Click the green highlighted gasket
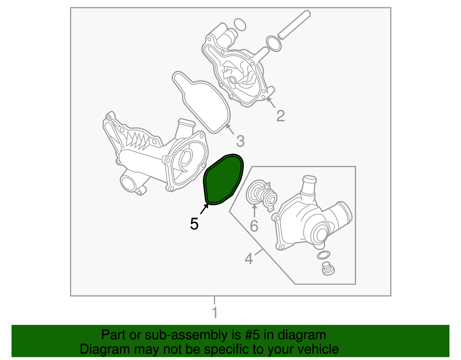pos(223,180)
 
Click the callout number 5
pos(194,224)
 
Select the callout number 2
pos(280,116)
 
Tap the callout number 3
pos(240,141)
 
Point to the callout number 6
pos(254,226)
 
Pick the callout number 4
pos(249,259)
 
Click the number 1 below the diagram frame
pos(214,313)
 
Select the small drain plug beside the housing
pos(328,268)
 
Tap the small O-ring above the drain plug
pos(323,255)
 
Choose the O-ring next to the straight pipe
pos(274,44)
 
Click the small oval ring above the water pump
pos(239,25)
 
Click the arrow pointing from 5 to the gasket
pos(204,209)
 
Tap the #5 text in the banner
pos(253,335)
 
